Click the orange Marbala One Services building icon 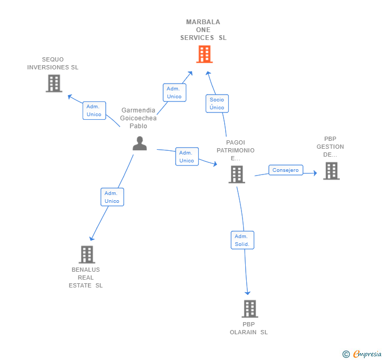(x=204, y=54)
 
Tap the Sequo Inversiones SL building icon (x=54, y=83)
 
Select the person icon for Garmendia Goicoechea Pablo (x=139, y=143)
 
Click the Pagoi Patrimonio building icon (x=237, y=174)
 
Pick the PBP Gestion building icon (x=331, y=171)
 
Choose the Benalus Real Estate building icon (x=87, y=254)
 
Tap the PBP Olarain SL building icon (x=250, y=308)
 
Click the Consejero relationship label (x=286, y=170)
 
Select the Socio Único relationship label (x=217, y=104)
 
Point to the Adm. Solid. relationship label (x=242, y=240)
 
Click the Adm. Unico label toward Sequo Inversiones (x=94, y=110)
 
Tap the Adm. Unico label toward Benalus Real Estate (x=112, y=197)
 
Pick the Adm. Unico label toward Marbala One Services (x=174, y=92)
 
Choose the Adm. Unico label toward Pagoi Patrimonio (x=187, y=157)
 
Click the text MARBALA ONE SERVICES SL (x=203, y=30)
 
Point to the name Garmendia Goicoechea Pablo (x=138, y=118)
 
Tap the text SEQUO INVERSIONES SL (x=53, y=64)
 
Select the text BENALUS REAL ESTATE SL (x=86, y=277)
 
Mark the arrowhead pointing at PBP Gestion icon (x=315, y=173)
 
